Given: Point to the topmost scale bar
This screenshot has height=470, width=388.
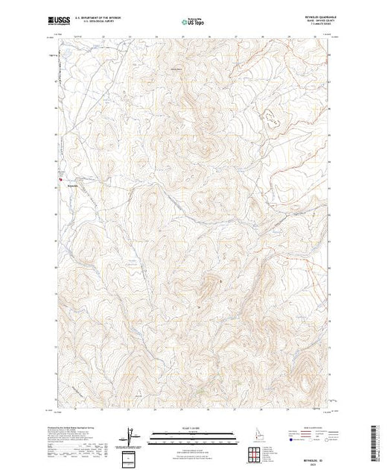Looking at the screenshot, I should click(x=194, y=432).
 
